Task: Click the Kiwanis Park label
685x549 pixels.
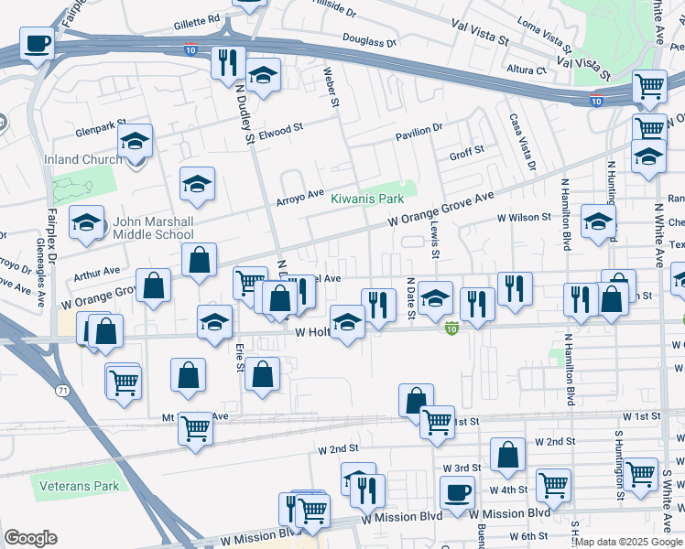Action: pyautogui.click(x=366, y=199)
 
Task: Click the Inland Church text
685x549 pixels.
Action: pyautogui.click(x=83, y=159)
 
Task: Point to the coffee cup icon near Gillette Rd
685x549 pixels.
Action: pyautogui.click(x=38, y=44)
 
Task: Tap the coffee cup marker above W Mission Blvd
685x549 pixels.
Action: pyautogui.click(x=457, y=492)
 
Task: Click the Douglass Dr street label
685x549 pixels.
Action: pyautogui.click(x=369, y=40)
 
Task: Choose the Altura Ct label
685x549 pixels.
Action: pyautogui.click(x=527, y=69)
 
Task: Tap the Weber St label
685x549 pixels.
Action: pyautogui.click(x=331, y=88)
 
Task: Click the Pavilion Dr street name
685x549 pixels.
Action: pyautogui.click(x=419, y=129)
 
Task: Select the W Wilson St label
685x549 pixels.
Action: pyautogui.click(x=524, y=218)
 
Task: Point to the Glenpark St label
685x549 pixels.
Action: pyautogui.click(x=100, y=129)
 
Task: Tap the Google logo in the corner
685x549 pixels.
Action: pyautogui.click(x=30, y=538)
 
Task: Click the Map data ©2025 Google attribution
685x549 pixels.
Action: pyautogui.click(x=629, y=543)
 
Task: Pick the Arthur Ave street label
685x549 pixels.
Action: pyautogui.click(x=97, y=272)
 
